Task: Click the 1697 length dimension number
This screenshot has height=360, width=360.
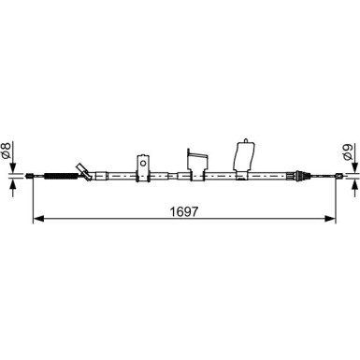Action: coord(184,210)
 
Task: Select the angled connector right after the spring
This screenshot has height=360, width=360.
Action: coord(86,173)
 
